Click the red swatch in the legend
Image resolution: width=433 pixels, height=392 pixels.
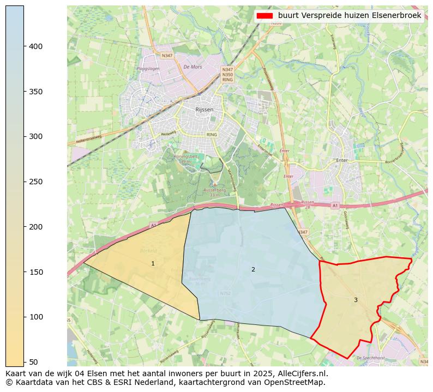coord(264,16)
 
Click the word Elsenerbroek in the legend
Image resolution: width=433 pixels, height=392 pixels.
coord(396,16)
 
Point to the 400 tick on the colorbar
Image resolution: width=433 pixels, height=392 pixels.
coord(24,46)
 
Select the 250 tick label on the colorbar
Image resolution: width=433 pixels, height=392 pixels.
coord(35,182)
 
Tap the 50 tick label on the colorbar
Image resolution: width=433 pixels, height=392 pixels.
coord(33,361)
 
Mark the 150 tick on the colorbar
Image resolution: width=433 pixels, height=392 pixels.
coord(24,272)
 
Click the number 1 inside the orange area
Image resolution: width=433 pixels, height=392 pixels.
coord(153,263)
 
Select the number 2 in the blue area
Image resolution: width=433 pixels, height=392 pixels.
coord(253,269)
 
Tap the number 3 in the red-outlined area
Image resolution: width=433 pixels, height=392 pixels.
coord(356,300)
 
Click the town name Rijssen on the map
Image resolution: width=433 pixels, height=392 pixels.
coord(204,110)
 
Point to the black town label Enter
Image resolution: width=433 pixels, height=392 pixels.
coord(342,161)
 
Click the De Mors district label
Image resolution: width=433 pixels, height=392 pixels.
coord(193,67)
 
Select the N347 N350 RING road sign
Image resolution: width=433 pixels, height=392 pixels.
coord(227,75)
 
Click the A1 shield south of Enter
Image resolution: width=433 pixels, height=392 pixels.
coord(334,206)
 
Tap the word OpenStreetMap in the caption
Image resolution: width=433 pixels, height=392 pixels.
coord(299,382)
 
